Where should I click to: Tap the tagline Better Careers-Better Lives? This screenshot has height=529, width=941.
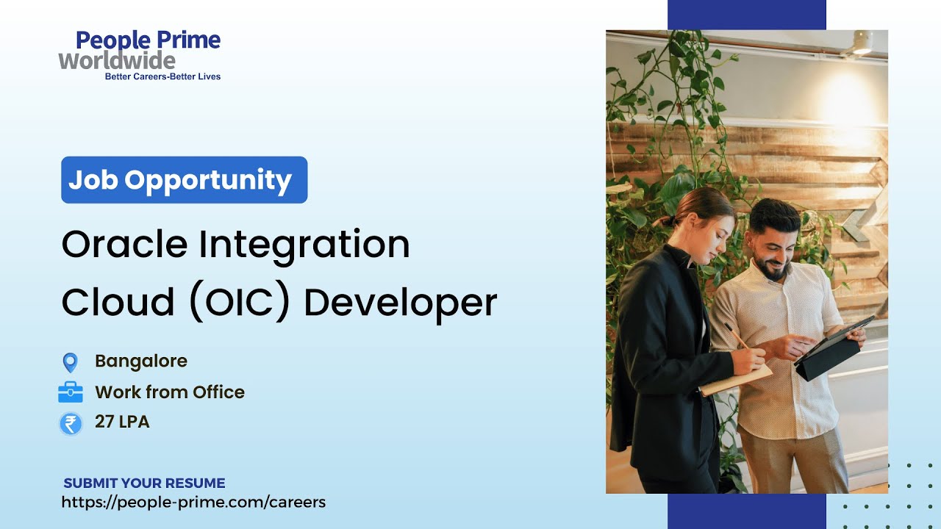(x=162, y=76)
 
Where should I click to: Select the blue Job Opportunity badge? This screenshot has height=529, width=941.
(x=184, y=180)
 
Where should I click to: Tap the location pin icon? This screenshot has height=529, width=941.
(x=70, y=362)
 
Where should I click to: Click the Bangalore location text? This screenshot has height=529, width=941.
(x=141, y=361)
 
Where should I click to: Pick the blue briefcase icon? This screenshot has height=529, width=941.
(x=71, y=393)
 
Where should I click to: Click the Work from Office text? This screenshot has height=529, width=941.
(x=170, y=392)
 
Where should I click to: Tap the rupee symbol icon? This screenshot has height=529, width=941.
(x=71, y=424)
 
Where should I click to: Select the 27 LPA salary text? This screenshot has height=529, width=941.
(x=122, y=422)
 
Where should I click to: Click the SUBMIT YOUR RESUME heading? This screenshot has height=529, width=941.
(x=144, y=483)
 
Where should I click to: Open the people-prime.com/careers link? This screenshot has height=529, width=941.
(x=193, y=503)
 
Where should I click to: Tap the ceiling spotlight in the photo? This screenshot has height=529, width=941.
(x=861, y=42)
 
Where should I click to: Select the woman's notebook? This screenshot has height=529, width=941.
(x=735, y=380)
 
